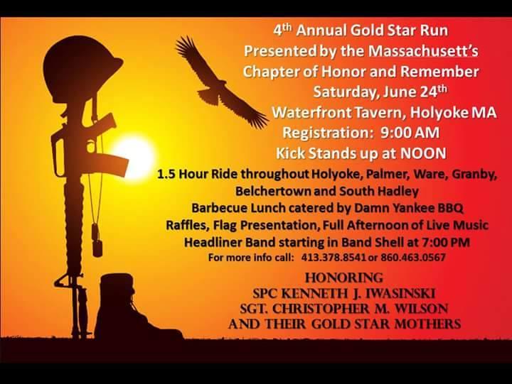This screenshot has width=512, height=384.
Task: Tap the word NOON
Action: point(423,153)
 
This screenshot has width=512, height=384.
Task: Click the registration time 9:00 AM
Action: point(410,133)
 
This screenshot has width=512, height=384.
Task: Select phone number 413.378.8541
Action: point(334,258)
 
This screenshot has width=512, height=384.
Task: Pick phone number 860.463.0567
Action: point(413,258)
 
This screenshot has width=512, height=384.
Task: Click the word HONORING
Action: point(344,278)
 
